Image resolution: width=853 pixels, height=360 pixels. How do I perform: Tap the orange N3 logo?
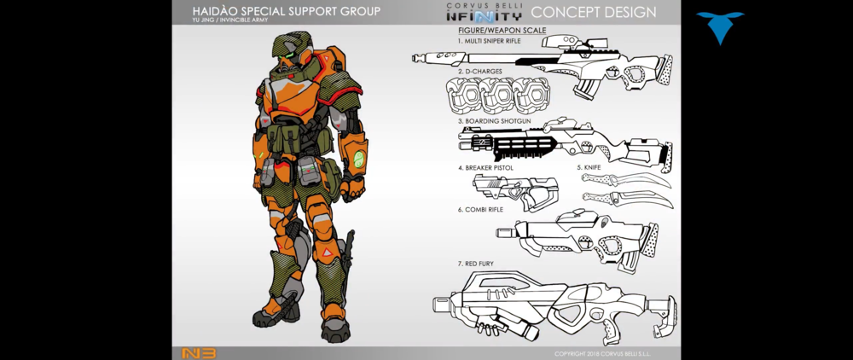[199, 353]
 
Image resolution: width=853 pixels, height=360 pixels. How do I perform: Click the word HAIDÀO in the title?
[218, 11]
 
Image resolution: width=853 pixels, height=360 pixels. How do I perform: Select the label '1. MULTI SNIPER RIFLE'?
[489, 40]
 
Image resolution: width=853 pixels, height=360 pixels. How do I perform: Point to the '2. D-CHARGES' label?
[479, 72]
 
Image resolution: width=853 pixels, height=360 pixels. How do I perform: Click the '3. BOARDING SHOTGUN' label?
[495, 121]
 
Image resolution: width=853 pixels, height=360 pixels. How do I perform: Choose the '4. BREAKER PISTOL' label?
[485, 168]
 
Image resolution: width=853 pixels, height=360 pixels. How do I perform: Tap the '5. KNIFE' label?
[589, 167]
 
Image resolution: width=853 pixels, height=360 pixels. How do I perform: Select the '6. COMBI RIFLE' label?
[480, 209]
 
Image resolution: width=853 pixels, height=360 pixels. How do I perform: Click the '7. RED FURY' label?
[475, 264]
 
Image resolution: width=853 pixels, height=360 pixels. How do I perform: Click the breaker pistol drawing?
[514, 193]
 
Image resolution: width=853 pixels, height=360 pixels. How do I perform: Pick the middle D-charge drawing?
[497, 96]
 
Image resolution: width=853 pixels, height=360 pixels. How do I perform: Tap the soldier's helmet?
[291, 55]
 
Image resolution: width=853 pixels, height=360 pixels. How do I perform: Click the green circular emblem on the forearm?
[359, 159]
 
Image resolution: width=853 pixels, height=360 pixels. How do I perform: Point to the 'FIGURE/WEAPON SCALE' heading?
[502, 31]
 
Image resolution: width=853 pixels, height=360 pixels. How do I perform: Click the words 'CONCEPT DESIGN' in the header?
[594, 12]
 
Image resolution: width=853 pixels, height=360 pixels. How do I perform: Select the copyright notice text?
[602, 354]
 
